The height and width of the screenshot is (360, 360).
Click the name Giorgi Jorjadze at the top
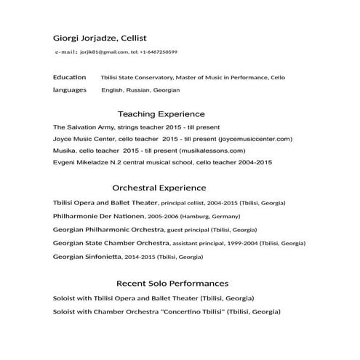coord(84,38)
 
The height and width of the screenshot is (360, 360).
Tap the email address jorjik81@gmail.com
coord(104,52)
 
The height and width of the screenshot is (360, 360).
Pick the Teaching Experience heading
coord(161,114)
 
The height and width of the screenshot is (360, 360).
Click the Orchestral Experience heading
coord(159,188)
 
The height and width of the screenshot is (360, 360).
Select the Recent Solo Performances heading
coord(172,283)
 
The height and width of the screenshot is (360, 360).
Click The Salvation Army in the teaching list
coord(84,127)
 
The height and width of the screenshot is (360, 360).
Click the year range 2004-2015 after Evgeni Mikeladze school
coord(255,162)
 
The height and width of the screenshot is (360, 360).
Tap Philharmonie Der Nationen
coord(98,216)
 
